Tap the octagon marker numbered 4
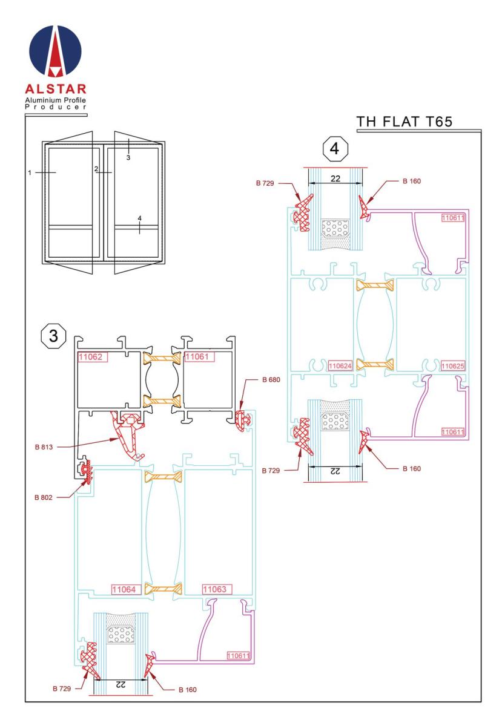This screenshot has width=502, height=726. [335, 149]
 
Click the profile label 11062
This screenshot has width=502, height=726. [91, 357]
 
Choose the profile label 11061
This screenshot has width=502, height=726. [199, 357]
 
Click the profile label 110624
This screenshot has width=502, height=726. [340, 366]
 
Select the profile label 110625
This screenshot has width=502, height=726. [454, 366]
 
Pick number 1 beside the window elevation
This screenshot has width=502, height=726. [29, 174]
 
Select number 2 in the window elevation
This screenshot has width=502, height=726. [96, 169]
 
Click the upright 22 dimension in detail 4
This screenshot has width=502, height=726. [335, 178]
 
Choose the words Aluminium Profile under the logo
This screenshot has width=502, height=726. [56, 99]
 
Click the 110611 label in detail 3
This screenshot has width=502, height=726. [239, 655]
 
